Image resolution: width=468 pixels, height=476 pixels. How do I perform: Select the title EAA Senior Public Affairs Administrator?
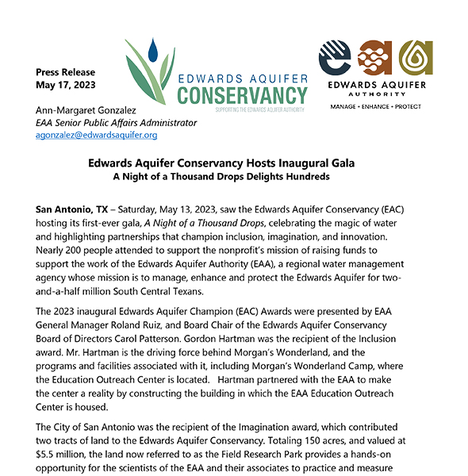coord(117,123)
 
